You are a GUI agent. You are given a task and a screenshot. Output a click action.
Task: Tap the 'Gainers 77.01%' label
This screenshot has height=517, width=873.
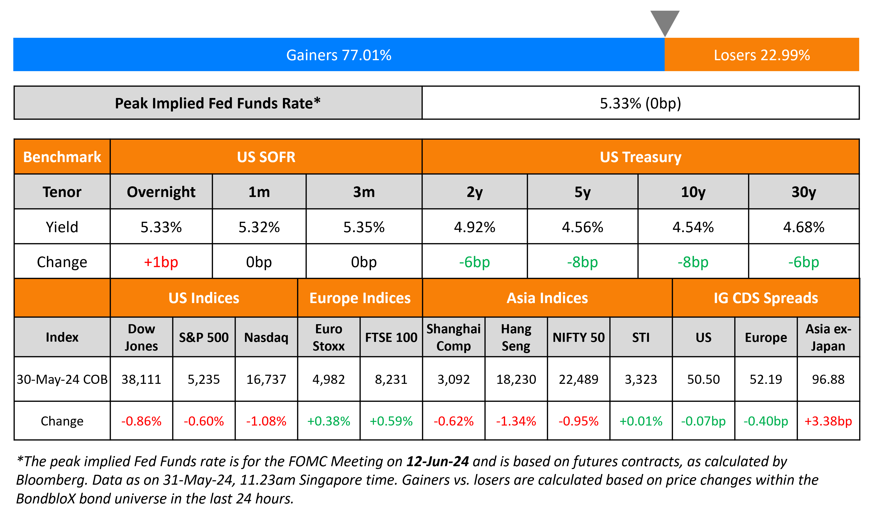click(339, 55)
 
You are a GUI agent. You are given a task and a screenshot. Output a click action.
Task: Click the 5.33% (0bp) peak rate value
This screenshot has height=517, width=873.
click(640, 103)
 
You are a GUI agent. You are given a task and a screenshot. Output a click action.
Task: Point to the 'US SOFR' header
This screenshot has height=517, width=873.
click(266, 157)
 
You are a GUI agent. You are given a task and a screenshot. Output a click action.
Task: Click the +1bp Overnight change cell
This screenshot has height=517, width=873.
click(161, 262)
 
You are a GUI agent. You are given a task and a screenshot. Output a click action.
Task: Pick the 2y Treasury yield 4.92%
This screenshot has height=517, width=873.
click(474, 227)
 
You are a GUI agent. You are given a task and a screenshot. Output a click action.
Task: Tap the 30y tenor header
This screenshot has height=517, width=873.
click(804, 192)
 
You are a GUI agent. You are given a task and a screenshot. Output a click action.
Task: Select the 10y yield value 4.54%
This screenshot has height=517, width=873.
click(693, 227)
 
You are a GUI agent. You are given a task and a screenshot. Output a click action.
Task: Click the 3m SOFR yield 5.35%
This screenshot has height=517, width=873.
click(364, 227)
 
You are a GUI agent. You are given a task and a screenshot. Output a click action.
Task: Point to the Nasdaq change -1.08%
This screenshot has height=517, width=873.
click(266, 421)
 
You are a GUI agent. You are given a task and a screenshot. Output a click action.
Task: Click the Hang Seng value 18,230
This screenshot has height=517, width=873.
click(516, 379)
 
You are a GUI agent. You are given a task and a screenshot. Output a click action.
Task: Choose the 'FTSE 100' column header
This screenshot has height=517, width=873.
click(391, 337)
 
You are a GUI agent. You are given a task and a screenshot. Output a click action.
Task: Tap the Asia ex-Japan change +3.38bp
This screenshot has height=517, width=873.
click(828, 421)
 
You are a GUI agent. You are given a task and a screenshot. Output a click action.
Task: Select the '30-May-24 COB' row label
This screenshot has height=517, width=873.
click(62, 379)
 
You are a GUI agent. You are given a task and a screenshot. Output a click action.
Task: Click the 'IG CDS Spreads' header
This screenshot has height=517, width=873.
click(766, 298)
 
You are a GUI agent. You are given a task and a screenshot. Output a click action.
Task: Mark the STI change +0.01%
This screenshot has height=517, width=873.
click(641, 421)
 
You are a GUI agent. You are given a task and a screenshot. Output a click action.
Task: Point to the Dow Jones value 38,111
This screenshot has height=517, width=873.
click(141, 379)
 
